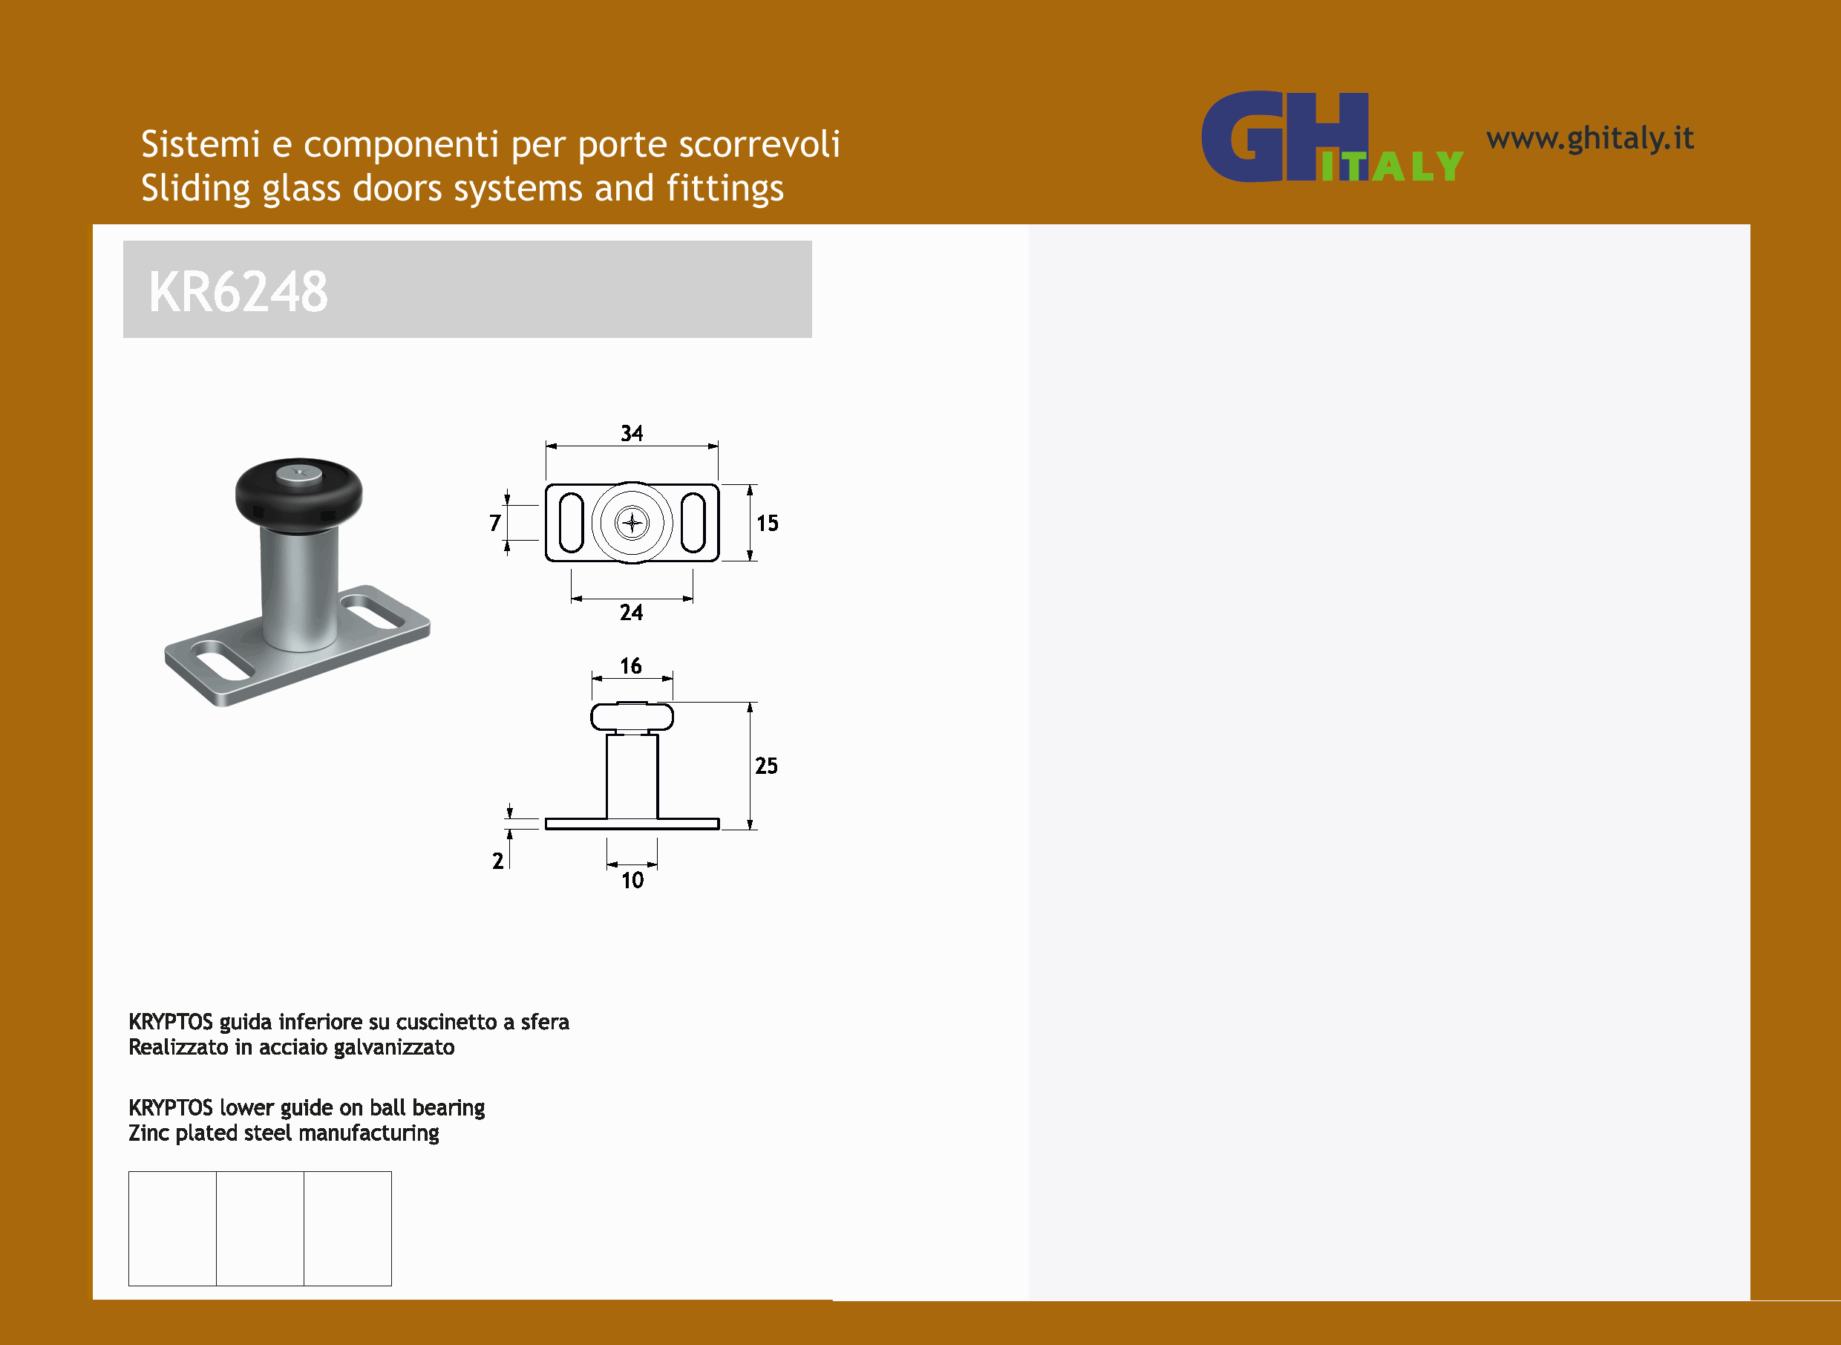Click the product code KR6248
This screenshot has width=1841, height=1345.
(x=238, y=291)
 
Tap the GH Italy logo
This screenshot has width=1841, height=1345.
(x=1332, y=136)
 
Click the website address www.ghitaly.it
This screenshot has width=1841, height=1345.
(x=1589, y=138)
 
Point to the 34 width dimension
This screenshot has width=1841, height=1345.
(x=632, y=433)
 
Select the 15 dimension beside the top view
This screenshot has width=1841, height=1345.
(x=767, y=523)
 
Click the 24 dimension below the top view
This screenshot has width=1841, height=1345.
(x=631, y=612)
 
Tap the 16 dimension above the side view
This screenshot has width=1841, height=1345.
(x=631, y=666)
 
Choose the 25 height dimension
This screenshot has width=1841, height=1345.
(x=766, y=765)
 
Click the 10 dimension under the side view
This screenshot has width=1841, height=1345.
(x=632, y=880)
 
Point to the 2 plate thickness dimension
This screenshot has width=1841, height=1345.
(x=497, y=861)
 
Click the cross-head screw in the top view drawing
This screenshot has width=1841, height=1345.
(x=632, y=523)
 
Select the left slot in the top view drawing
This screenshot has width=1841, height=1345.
(x=572, y=523)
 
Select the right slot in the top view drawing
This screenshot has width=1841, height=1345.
(x=693, y=523)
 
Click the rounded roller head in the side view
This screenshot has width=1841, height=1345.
(x=632, y=717)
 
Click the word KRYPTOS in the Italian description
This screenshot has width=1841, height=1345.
(x=170, y=1022)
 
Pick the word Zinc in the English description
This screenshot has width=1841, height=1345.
(x=148, y=1133)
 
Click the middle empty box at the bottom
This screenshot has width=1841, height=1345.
(x=260, y=1228)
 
